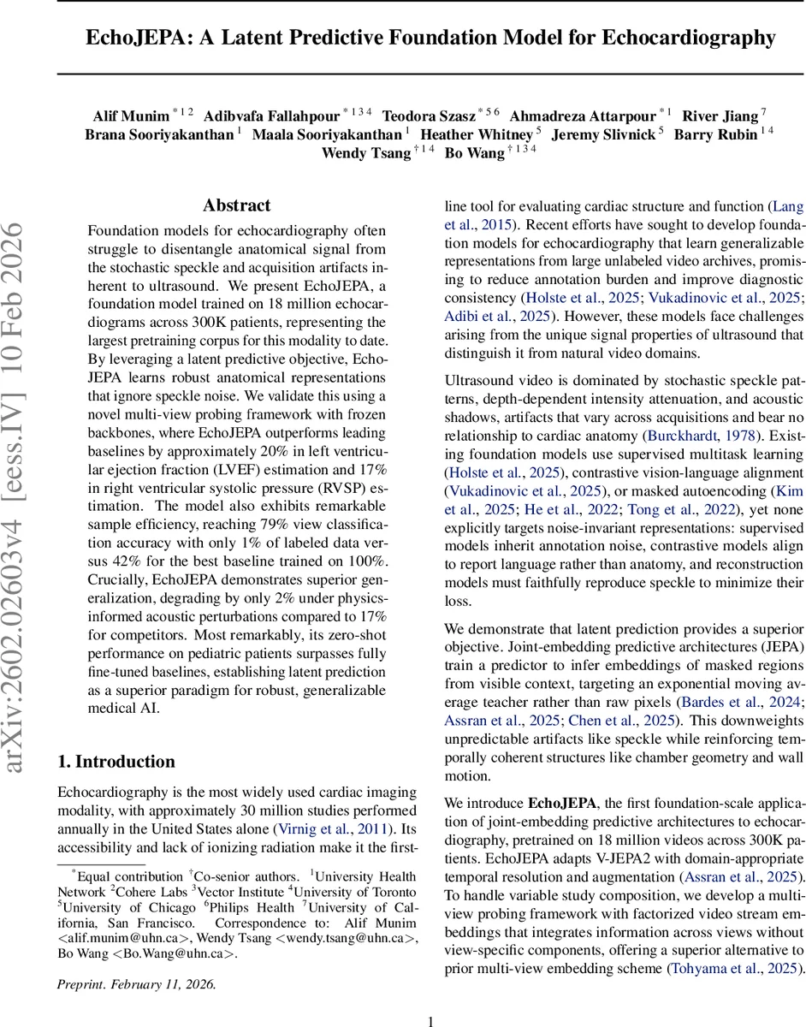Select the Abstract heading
[236, 205]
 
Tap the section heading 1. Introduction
[116, 762]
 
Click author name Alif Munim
[131, 116]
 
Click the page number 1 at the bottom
[431, 1020]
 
